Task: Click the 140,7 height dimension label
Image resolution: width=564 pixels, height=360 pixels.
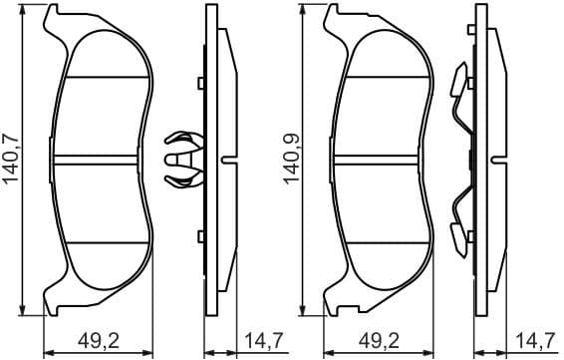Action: (11, 161)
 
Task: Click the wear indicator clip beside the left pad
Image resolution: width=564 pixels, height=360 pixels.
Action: (180, 159)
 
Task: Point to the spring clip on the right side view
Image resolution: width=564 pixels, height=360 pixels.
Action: (459, 160)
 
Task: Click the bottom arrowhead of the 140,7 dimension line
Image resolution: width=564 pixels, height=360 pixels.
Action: (23, 311)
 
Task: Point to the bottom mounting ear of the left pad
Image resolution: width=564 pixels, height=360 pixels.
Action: (59, 300)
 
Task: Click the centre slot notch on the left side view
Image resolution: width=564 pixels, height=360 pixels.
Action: (230, 159)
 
